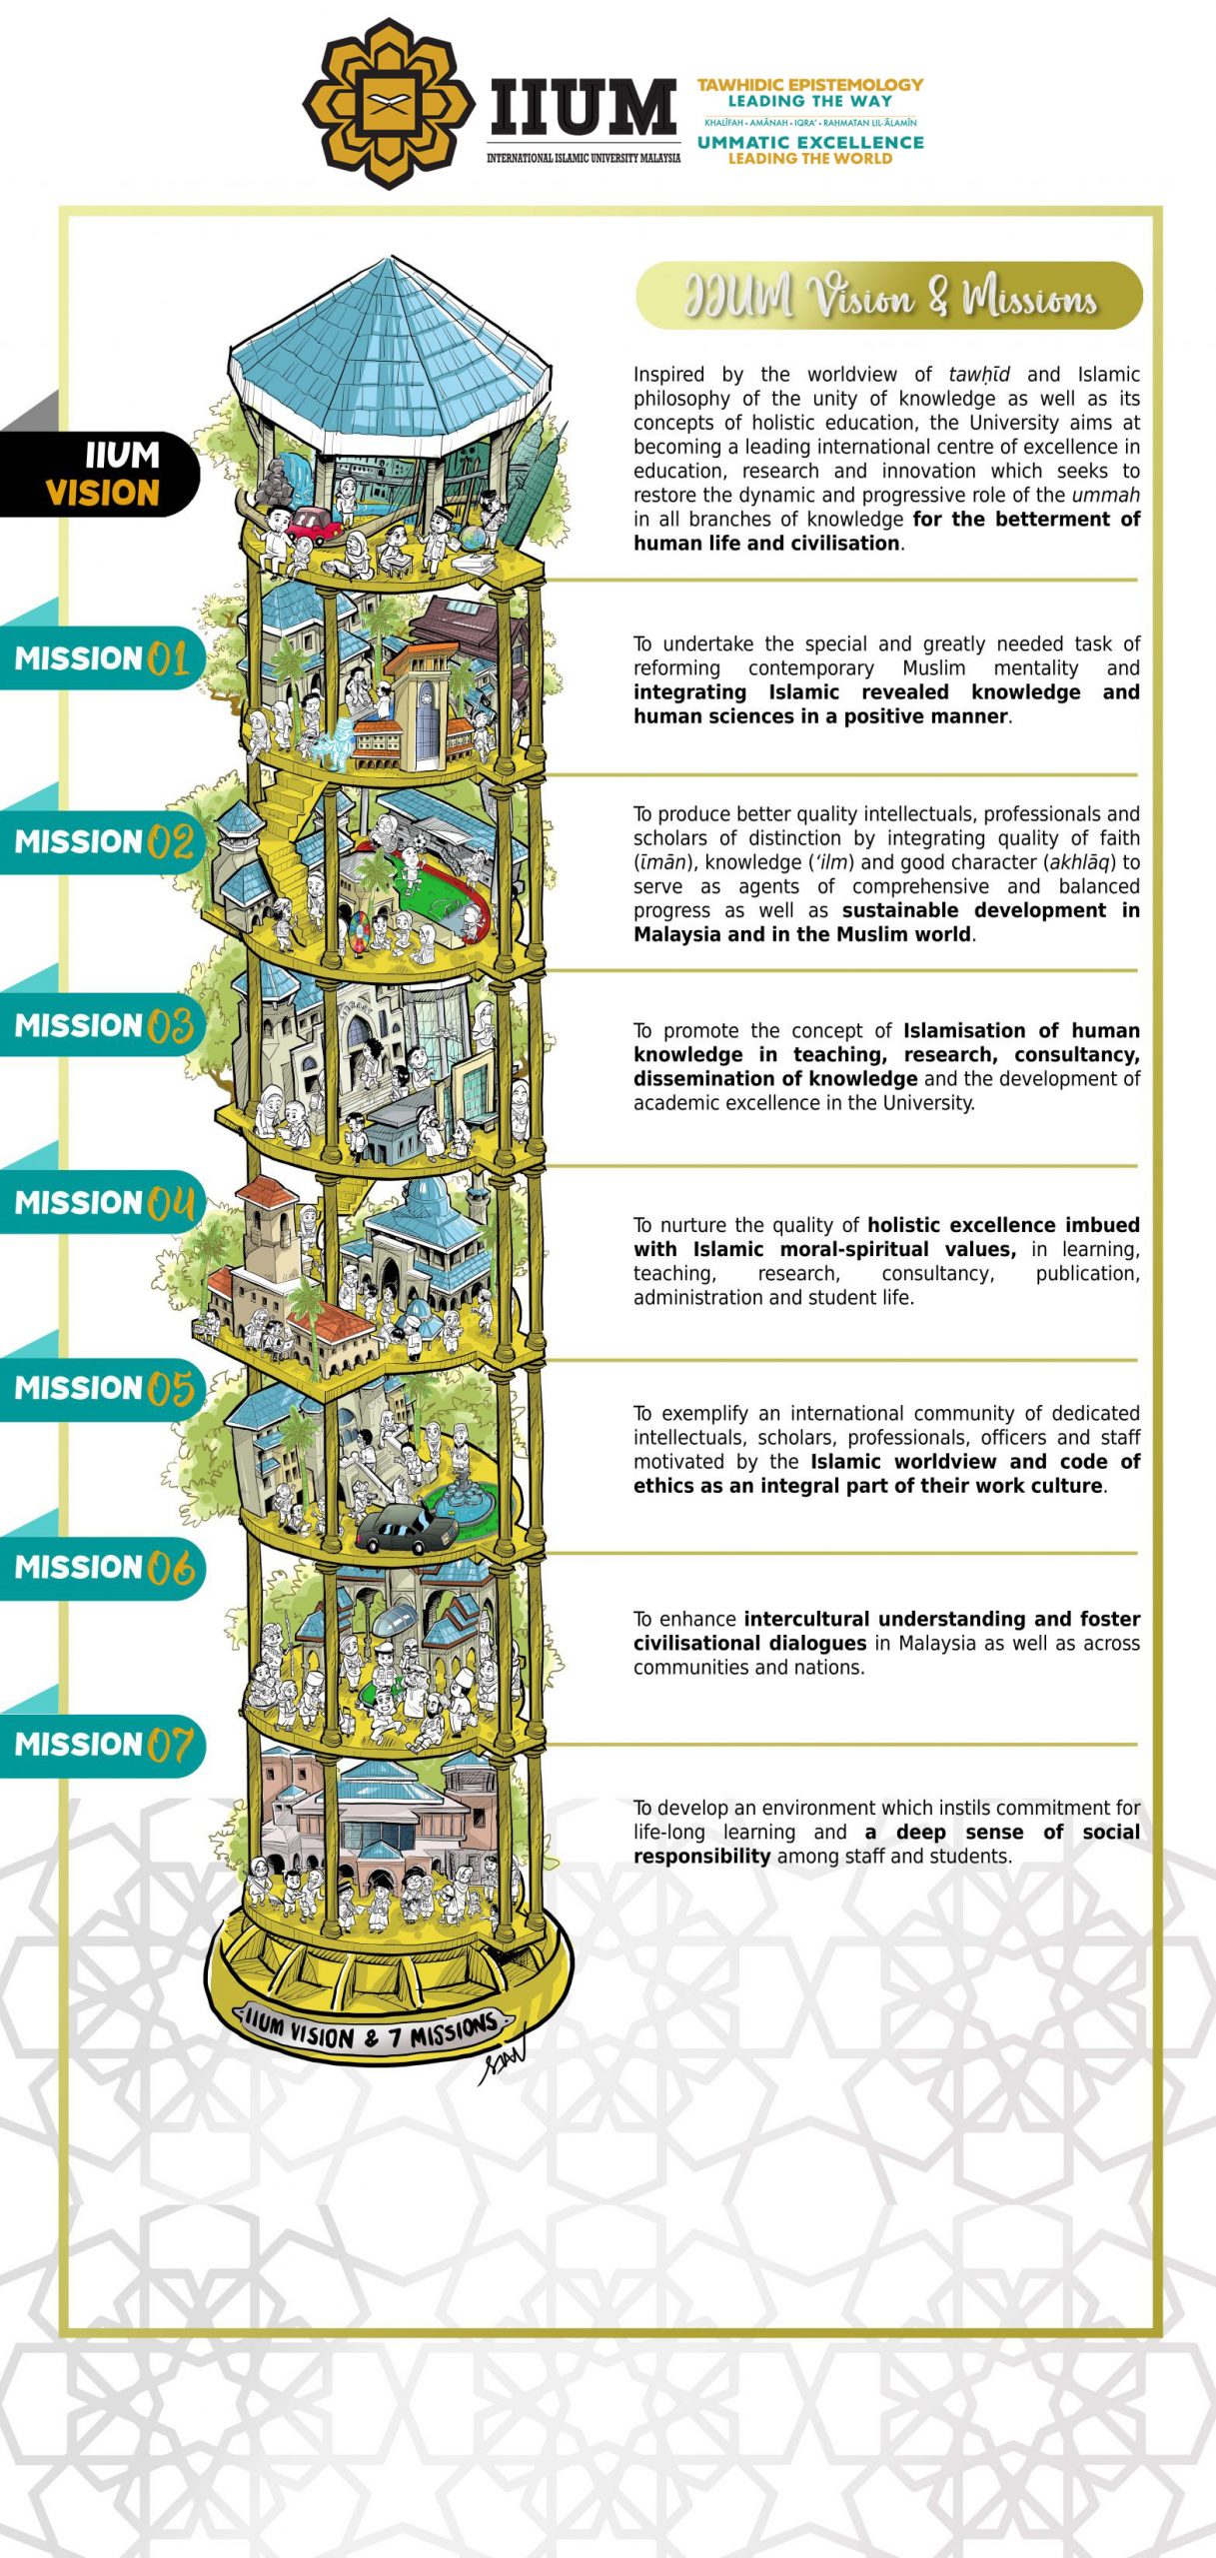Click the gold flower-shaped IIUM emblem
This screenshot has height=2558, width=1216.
(389, 103)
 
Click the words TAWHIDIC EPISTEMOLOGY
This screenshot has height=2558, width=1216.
(810, 85)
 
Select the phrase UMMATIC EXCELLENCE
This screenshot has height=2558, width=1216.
(810, 142)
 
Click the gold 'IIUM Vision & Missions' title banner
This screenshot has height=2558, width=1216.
(889, 296)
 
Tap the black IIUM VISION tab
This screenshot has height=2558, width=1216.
(100, 474)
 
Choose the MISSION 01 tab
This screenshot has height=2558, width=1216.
(102, 658)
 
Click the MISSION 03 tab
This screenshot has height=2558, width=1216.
(102, 1025)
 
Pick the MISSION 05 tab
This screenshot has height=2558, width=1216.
(102, 1389)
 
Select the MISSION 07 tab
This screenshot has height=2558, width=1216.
(102, 1745)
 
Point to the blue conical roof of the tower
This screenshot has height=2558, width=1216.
(390, 350)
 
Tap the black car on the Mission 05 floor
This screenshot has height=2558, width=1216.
(405, 1528)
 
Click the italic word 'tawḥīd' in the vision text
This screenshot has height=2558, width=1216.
(979, 375)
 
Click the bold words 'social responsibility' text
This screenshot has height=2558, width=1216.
(886, 1844)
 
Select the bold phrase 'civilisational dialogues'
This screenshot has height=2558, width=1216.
(749, 1644)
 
